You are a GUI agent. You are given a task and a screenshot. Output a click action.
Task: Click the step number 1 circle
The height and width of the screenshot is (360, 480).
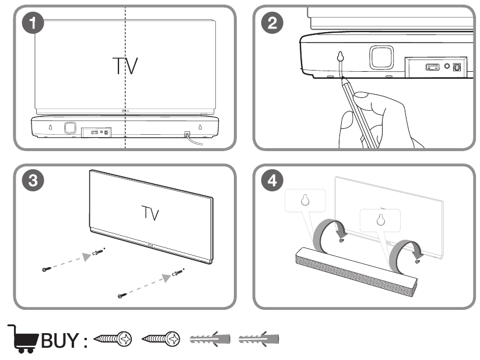(33, 23)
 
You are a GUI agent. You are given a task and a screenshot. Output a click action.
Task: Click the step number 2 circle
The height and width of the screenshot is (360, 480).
(272, 23)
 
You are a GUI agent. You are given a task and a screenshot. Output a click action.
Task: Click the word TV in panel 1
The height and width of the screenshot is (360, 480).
(125, 66)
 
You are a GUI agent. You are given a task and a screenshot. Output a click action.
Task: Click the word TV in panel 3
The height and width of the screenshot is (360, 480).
(150, 213)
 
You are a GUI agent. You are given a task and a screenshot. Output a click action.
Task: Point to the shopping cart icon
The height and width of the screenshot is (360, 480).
(23, 338)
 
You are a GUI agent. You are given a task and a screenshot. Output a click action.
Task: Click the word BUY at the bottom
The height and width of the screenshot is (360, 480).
(60, 340)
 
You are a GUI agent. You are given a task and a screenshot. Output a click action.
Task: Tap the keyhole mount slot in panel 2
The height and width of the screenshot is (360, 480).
(341, 57)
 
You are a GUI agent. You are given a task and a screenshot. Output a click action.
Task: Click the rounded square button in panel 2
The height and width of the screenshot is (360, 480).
(381, 58)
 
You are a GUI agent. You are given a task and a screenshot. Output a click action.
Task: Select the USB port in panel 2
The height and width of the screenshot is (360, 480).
(433, 67)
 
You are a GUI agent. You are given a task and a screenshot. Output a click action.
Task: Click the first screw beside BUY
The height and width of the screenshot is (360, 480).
(113, 339)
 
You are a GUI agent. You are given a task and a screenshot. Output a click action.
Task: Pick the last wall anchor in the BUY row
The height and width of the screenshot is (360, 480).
(259, 339)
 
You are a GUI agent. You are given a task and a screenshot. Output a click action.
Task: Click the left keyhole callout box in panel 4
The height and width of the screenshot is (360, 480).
(305, 201)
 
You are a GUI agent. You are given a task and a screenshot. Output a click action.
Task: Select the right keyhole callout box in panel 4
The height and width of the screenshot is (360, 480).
(380, 221)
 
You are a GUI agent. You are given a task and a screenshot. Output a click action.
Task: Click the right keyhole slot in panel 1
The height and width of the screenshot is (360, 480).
(200, 127)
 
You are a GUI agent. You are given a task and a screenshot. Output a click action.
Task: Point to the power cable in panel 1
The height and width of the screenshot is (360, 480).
(194, 140)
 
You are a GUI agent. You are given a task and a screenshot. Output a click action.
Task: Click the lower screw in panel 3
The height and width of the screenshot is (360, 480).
(122, 296)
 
